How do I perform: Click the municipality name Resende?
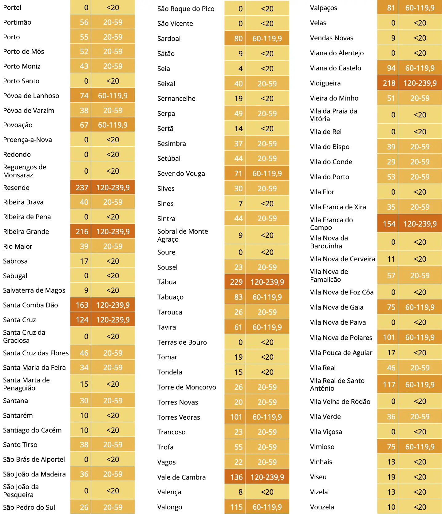16,188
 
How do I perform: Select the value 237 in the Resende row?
82,188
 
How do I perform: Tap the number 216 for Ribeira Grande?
82,231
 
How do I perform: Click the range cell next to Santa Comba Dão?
113,305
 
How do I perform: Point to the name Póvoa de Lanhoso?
31,96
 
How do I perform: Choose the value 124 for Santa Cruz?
82,320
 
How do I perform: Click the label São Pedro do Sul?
29,507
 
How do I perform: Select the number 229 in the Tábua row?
236,282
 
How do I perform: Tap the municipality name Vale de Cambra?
181,477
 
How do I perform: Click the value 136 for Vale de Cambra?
236,477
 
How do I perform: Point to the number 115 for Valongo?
236,507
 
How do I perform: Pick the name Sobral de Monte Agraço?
183,235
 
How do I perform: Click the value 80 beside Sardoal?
239,38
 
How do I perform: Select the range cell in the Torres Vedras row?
267,417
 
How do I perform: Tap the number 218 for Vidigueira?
389,83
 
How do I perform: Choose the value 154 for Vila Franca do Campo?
389,224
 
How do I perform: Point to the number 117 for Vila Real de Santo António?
389,385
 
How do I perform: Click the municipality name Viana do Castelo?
336,68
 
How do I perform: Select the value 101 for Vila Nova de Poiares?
389,338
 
